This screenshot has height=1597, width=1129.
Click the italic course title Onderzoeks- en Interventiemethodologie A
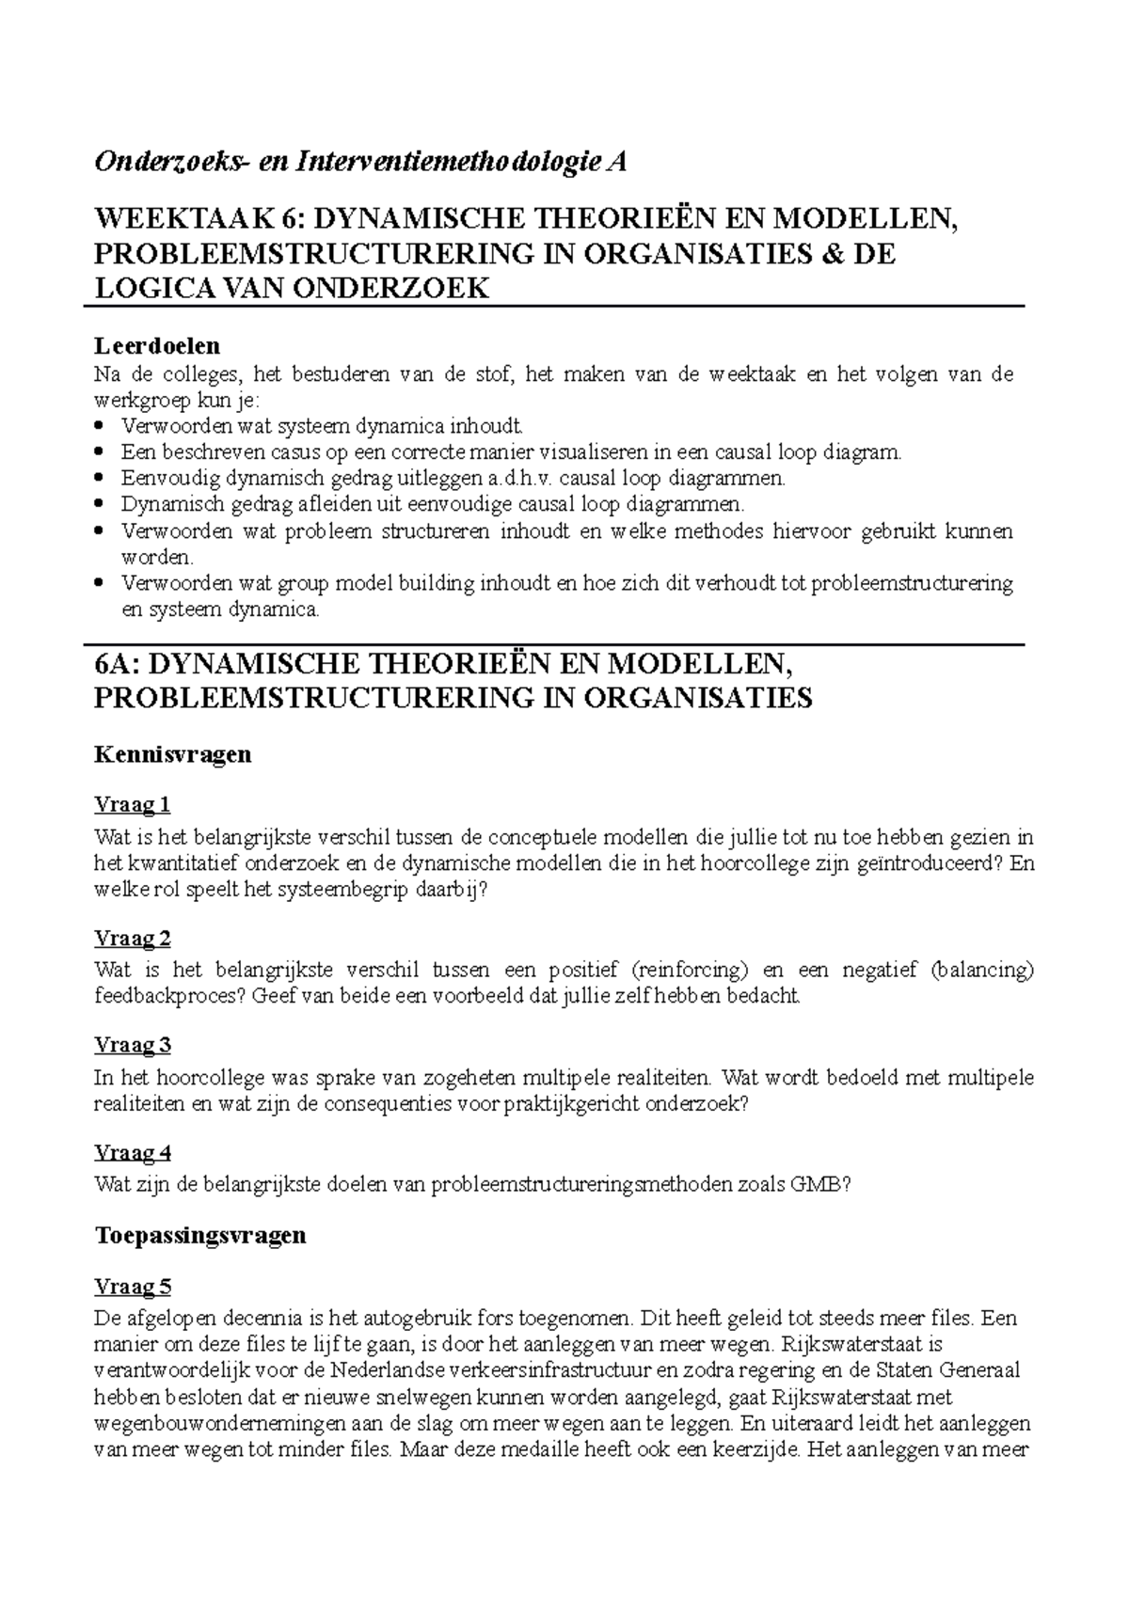(x=359, y=163)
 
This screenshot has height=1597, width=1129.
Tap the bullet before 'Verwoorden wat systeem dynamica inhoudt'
(x=102, y=426)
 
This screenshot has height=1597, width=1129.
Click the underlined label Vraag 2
(x=133, y=938)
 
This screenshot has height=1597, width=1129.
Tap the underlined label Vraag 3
(x=133, y=1045)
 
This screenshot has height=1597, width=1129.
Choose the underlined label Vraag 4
(x=133, y=1152)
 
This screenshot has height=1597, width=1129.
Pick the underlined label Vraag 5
(x=133, y=1286)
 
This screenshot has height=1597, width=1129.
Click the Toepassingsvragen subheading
(x=200, y=1235)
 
